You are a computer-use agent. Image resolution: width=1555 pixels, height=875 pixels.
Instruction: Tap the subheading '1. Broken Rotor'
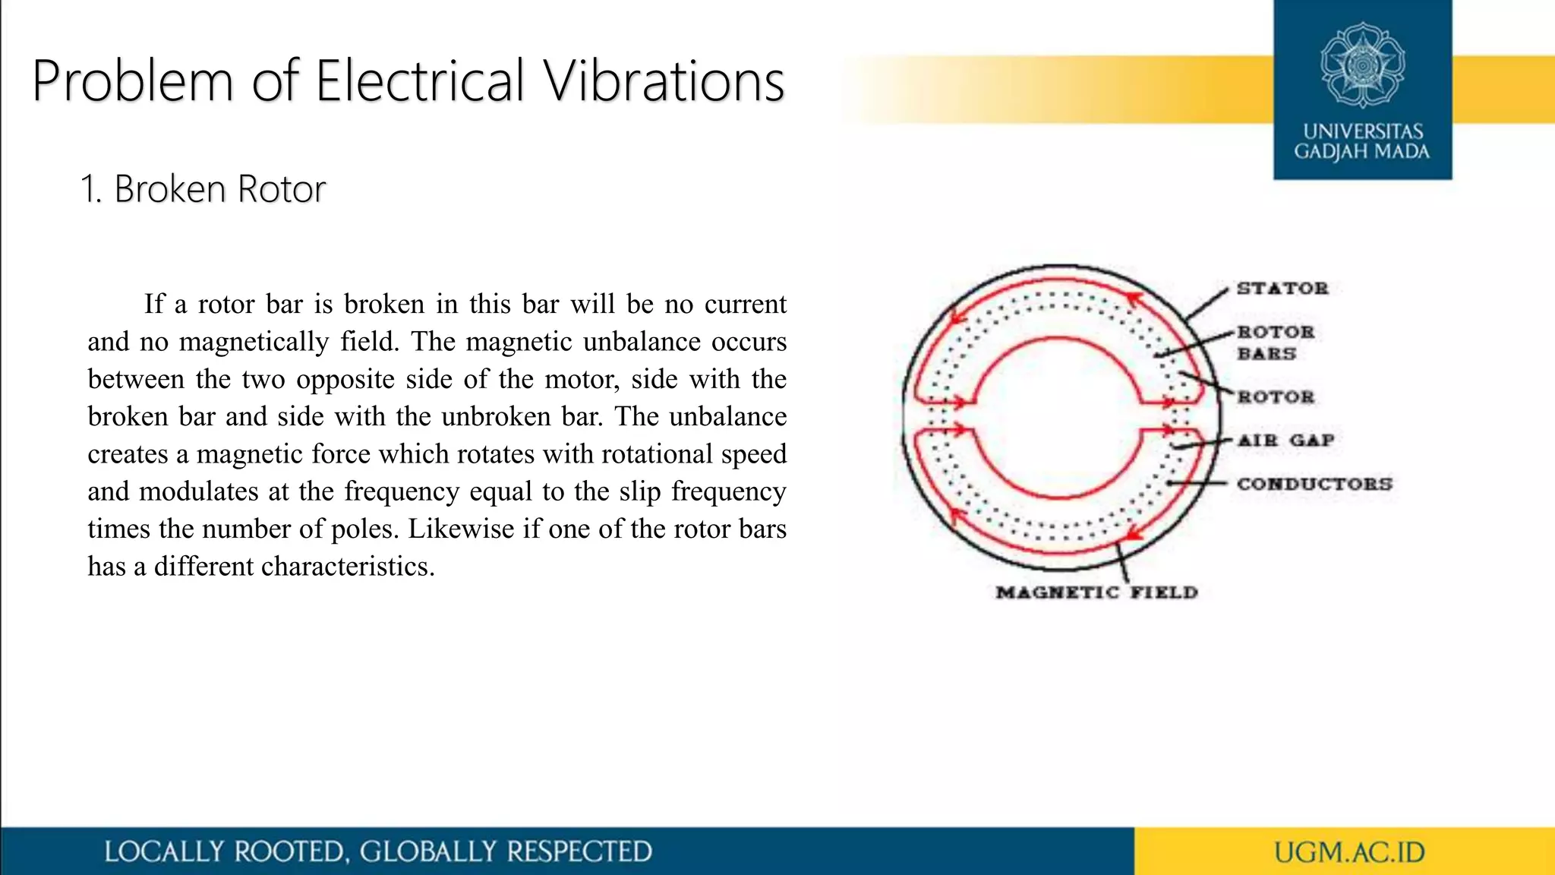click(x=203, y=189)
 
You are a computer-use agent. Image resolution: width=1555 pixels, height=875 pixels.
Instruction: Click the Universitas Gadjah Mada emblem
click(x=1362, y=65)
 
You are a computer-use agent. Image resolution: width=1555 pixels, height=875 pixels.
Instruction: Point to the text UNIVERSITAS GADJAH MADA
click(x=1362, y=142)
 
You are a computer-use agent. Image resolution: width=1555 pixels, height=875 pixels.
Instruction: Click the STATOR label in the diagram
click(x=1282, y=289)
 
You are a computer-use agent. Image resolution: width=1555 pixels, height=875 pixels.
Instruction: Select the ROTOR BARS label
click(x=1276, y=343)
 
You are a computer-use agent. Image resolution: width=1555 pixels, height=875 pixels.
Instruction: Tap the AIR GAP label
click(x=1285, y=441)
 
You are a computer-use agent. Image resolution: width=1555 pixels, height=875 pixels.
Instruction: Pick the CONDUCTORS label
click(x=1314, y=484)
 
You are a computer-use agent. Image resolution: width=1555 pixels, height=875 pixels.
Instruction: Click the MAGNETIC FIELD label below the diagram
click(x=1096, y=592)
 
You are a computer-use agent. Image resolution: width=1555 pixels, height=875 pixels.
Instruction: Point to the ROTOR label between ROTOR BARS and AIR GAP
click(x=1276, y=397)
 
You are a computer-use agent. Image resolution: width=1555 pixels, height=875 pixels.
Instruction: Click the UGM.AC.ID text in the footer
click(x=1349, y=852)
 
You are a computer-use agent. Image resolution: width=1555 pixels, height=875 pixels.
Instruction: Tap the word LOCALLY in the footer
click(x=163, y=852)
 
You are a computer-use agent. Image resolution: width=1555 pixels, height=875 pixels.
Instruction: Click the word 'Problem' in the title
click(x=133, y=81)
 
